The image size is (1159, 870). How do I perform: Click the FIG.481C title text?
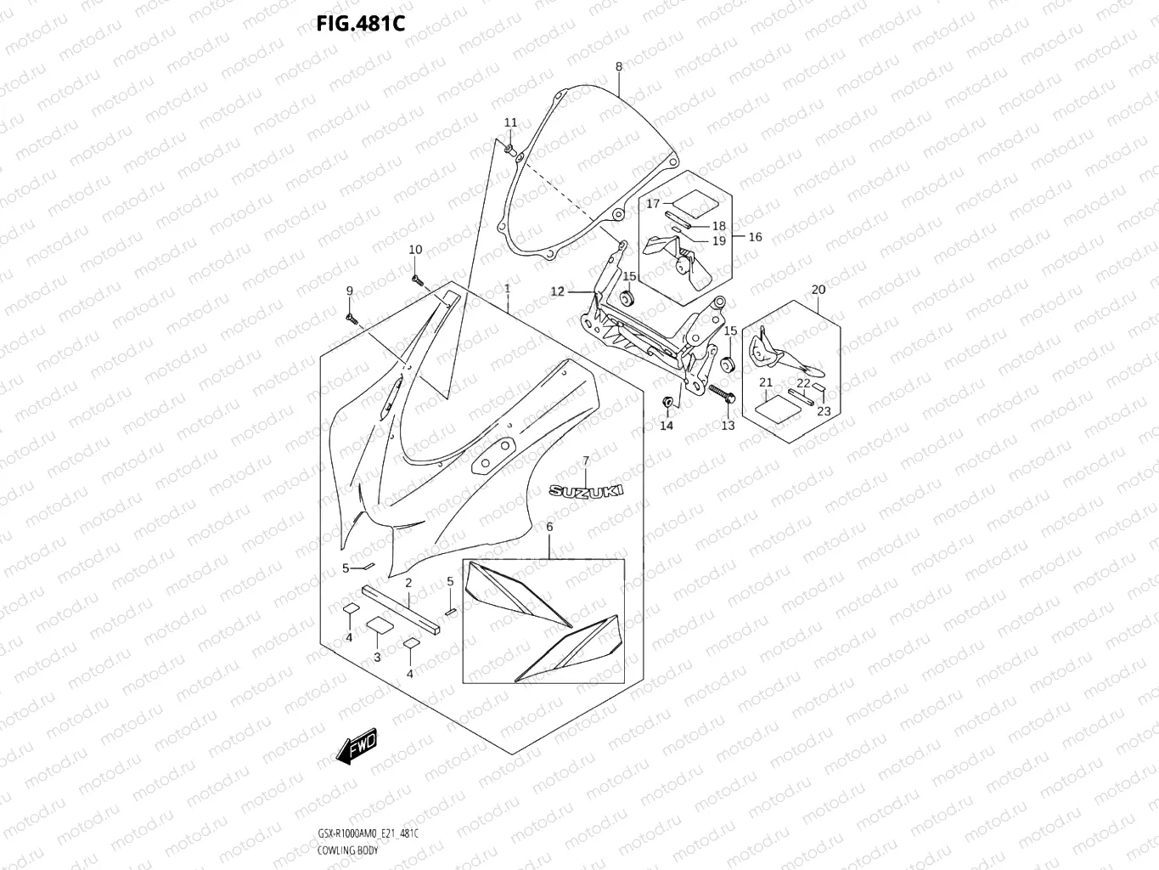click(x=360, y=23)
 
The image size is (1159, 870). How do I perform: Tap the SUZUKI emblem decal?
click(x=586, y=491)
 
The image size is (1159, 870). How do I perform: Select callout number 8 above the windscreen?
click(x=618, y=66)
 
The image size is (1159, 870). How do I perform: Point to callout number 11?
click(x=510, y=123)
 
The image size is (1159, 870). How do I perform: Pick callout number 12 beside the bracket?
click(x=557, y=291)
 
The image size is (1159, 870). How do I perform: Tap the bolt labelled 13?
click(x=720, y=395)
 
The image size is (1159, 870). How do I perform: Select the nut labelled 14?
click(x=667, y=401)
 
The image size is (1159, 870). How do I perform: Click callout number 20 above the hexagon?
click(x=818, y=290)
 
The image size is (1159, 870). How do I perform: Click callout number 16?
click(x=755, y=237)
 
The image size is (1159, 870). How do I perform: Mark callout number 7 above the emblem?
click(x=585, y=461)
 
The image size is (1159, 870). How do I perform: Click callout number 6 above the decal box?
click(x=549, y=528)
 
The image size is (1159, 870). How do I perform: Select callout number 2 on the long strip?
click(x=408, y=583)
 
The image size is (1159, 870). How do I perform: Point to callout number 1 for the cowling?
click(x=507, y=289)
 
